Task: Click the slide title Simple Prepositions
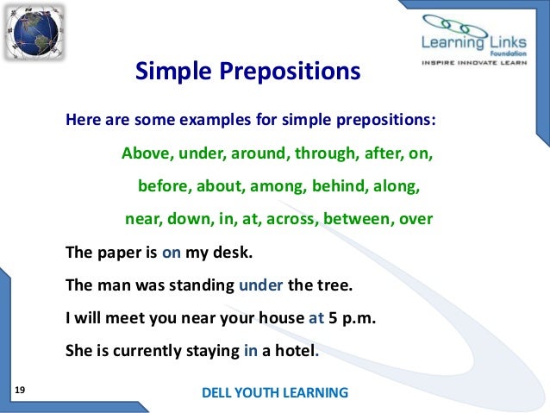[247, 72]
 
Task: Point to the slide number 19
[21, 391]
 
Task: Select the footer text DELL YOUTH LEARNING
[274, 392]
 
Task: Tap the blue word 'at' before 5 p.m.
[316, 316]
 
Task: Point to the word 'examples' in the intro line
[213, 120]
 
